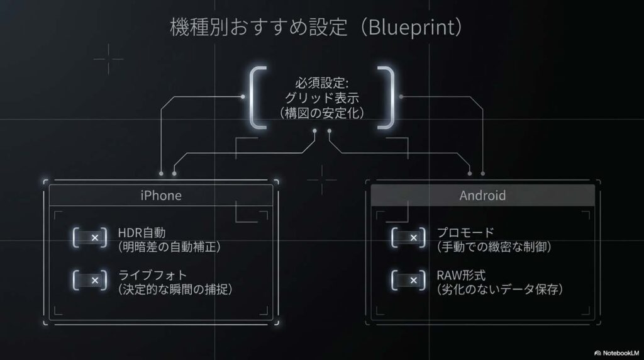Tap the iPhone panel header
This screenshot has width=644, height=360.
161,195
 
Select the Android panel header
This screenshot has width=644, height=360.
482,195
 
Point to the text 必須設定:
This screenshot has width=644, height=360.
321,82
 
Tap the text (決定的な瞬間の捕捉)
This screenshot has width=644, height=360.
175,290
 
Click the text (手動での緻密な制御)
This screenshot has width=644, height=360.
494,247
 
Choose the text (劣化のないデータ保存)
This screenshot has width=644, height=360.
499,290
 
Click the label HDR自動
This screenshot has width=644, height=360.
142,233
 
